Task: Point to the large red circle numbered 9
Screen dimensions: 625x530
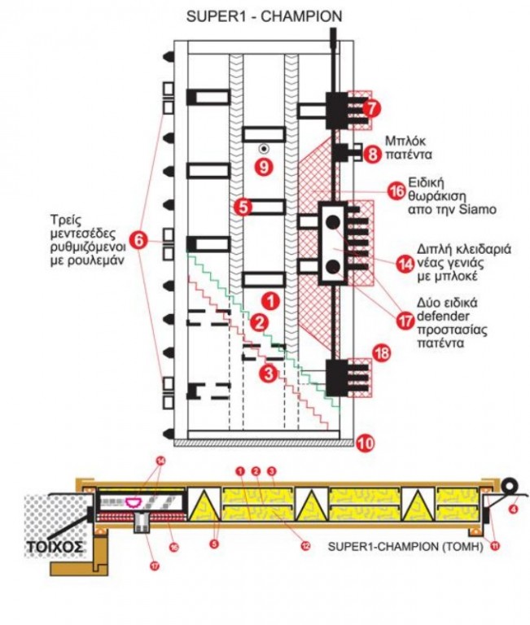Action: pyautogui.click(x=261, y=167)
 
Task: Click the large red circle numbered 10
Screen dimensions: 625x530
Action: pyautogui.click(x=366, y=444)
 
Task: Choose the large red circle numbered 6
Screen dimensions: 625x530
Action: pyautogui.click(x=139, y=241)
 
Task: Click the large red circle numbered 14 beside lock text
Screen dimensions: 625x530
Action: pyautogui.click(x=405, y=263)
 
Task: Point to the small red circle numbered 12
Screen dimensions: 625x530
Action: pyautogui.click(x=304, y=544)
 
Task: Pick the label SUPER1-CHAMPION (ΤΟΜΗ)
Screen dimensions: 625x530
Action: pyautogui.click(x=405, y=547)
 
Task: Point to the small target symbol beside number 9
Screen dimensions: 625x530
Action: pyautogui.click(x=263, y=149)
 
